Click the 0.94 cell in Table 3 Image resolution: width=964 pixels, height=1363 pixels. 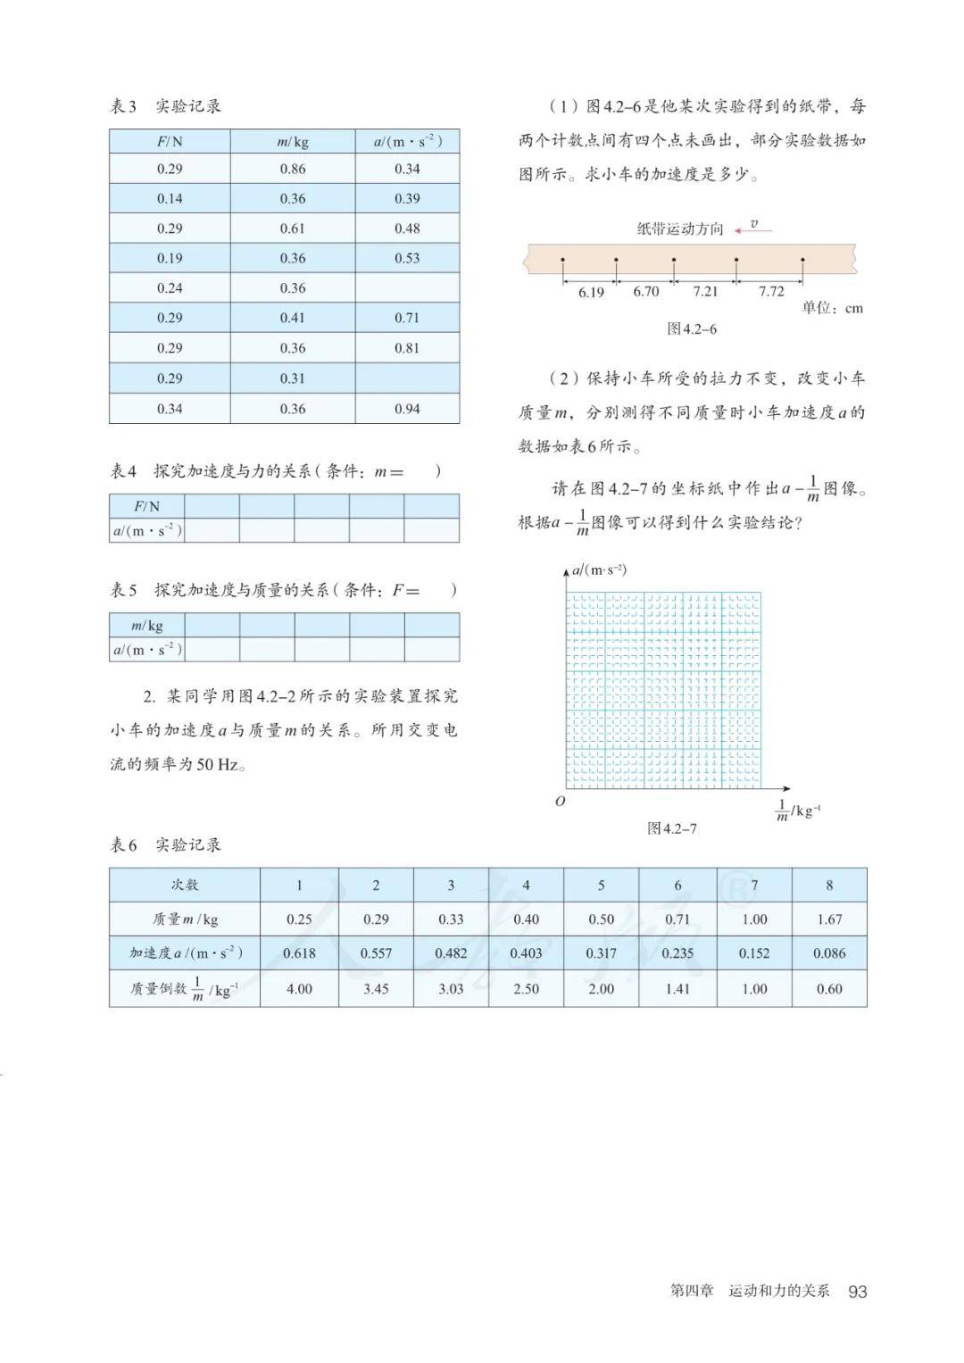point(407,409)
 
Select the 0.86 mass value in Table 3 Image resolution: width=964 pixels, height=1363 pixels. point(293,169)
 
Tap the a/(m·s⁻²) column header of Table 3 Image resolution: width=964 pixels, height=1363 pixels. point(407,141)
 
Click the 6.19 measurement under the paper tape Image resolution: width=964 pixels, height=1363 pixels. point(591,292)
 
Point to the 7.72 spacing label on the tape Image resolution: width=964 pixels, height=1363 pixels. point(771,292)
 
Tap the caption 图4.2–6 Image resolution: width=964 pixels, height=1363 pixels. point(692,328)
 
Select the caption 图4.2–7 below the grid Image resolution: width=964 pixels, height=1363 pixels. point(672,828)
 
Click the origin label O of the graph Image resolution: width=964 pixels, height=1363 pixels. point(560,802)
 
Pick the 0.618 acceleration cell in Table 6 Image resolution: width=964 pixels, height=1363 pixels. point(299,953)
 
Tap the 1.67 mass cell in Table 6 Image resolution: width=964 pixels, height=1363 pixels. point(829,919)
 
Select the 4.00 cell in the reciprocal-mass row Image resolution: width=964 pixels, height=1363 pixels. point(299,989)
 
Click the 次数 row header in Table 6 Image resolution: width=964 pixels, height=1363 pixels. point(185,885)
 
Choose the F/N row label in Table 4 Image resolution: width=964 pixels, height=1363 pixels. point(147,506)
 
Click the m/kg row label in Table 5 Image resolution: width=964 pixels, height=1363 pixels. point(147,625)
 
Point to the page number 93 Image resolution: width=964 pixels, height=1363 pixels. point(858,1292)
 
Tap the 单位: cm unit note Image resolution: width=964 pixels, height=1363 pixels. point(832,308)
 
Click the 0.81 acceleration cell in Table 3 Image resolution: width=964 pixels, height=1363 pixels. point(407,348)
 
